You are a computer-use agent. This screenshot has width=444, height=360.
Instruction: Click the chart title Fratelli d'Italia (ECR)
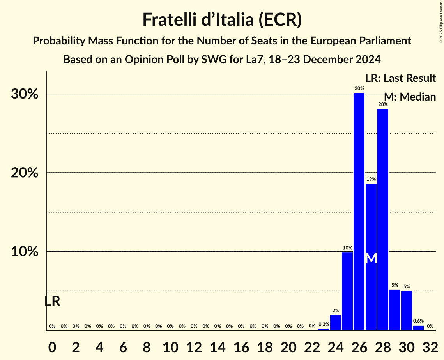click(222, 19)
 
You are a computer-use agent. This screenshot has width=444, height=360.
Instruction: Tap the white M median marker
click(371, 258)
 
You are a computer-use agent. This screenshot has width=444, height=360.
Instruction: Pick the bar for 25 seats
click(347, 291)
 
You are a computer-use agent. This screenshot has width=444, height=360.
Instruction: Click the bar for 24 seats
click(336, 323)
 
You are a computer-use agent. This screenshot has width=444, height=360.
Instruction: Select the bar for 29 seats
click(394, 310)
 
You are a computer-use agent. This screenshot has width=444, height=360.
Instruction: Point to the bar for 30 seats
click(406, 311)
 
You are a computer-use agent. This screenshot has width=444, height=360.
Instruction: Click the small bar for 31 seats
click(418, 328)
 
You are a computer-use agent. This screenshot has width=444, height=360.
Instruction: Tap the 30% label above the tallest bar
click(359, 88)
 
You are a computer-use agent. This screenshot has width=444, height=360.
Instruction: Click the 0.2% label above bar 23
click(324, 324)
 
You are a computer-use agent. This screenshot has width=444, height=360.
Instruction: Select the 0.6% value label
click(418, 321)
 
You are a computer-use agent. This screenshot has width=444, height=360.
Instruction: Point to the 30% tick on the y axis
click(24, 94)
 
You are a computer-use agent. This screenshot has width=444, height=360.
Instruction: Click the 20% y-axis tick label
click(24, 173)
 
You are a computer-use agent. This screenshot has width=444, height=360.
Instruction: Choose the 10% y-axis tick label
click(24, 252)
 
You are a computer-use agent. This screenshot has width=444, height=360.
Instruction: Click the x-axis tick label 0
click(52, 346)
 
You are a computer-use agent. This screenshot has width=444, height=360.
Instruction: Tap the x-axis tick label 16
click(241, 346)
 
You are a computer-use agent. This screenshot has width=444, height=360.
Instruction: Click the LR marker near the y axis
click(52, 301)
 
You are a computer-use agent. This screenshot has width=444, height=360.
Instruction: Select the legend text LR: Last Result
click(400, 78)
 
